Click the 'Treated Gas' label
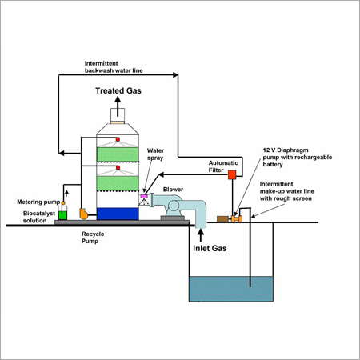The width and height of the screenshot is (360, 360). pyautogui.click(x=119, y=90)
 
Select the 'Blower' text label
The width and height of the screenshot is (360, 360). pyautogui.click(x=173, y=190)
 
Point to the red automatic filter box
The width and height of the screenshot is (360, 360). pyautogui.click(x=232, y=174)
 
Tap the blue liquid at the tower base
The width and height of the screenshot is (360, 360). pyautogui.click(x=118, y=214)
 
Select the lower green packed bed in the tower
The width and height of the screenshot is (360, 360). pyautogui.click(x=118, y=183)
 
